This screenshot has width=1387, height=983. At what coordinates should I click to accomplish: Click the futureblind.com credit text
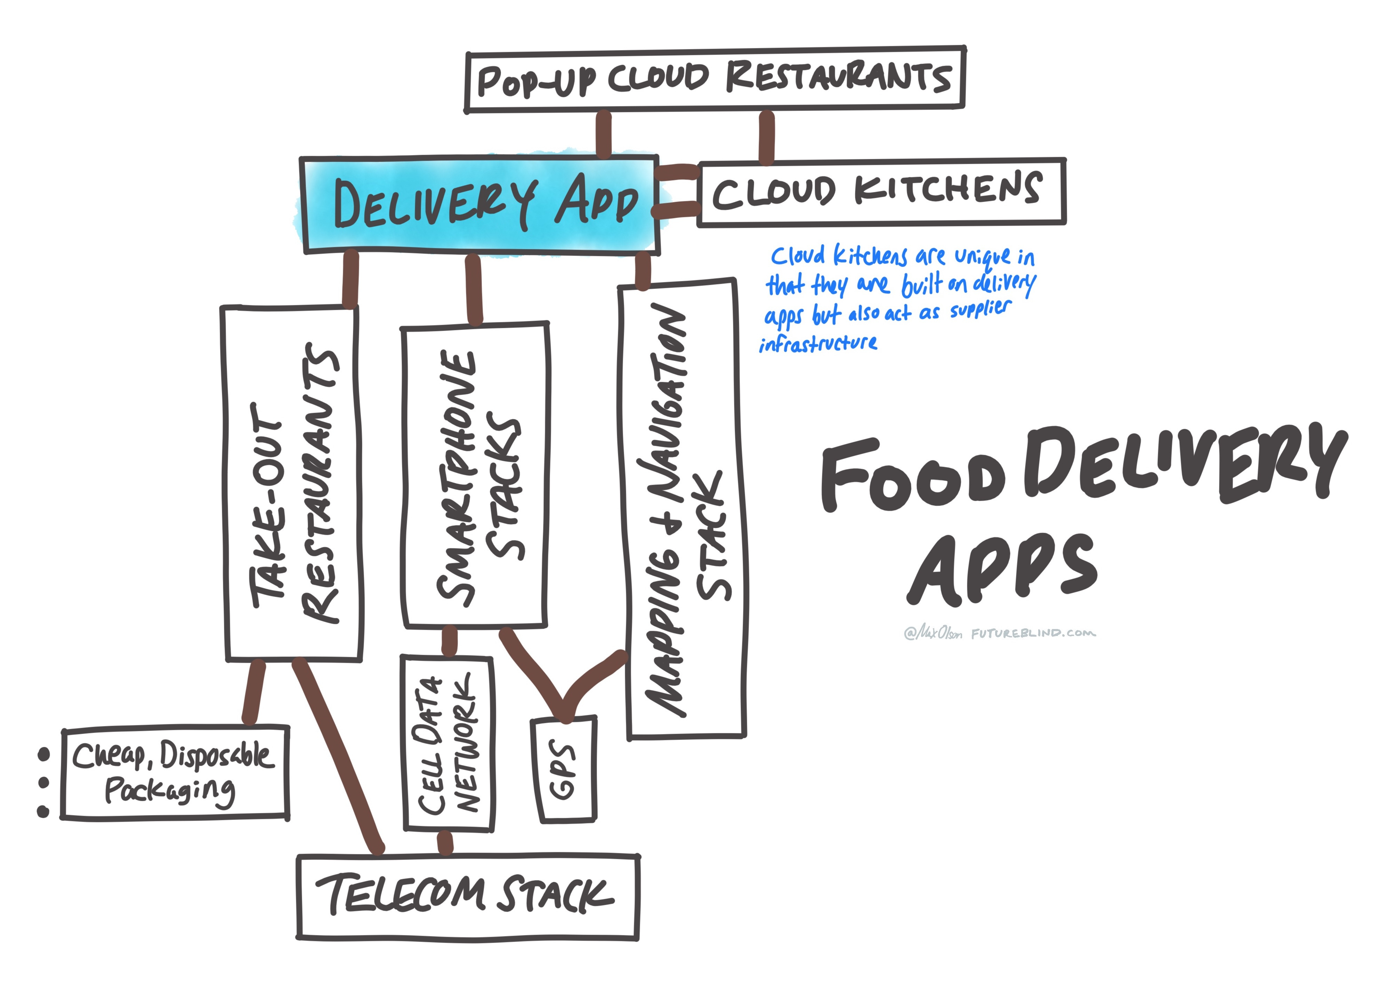click(1033, 633)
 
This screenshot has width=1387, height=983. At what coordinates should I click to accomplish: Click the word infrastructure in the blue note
click(818, 344)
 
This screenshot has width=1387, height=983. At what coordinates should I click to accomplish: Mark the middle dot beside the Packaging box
click(43, 783)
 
